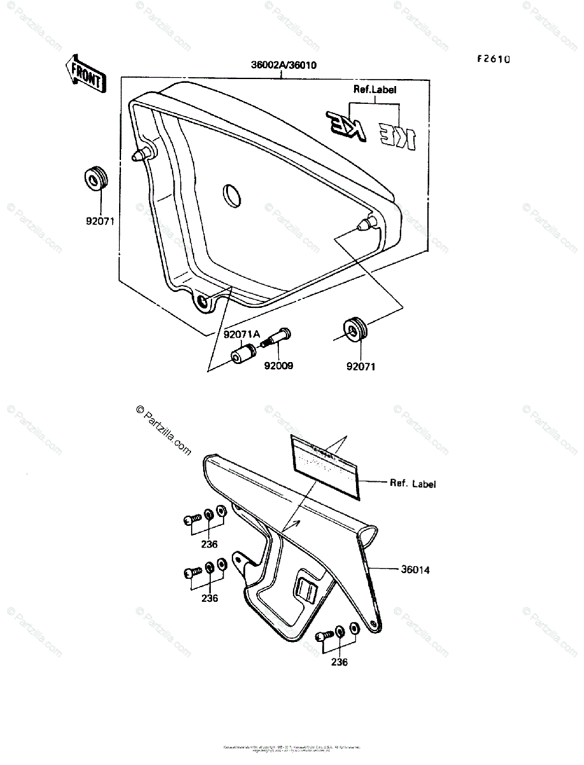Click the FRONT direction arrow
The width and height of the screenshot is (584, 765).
click(x=85, y=75)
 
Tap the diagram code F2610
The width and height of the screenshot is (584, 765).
click(x=494, y=59)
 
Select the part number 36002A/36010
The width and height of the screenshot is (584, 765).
click(x=284, y=65)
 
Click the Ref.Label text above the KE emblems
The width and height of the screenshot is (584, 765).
click(x=375, y=90)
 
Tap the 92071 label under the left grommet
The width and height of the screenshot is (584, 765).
click(x=101, y=222)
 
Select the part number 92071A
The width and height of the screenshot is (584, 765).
click(x=241, y=334)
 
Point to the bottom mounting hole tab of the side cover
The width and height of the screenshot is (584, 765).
click(x=203, y=301)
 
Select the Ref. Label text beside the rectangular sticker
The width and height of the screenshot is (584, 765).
click(x=413, y=483)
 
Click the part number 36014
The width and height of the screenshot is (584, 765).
click(x=415, y=569)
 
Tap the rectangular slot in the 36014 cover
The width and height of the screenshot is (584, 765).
click(x=307, y=591)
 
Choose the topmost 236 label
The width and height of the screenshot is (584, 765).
click(x=209, y=544)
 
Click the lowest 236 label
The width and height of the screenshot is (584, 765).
click(x=339, y=662)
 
